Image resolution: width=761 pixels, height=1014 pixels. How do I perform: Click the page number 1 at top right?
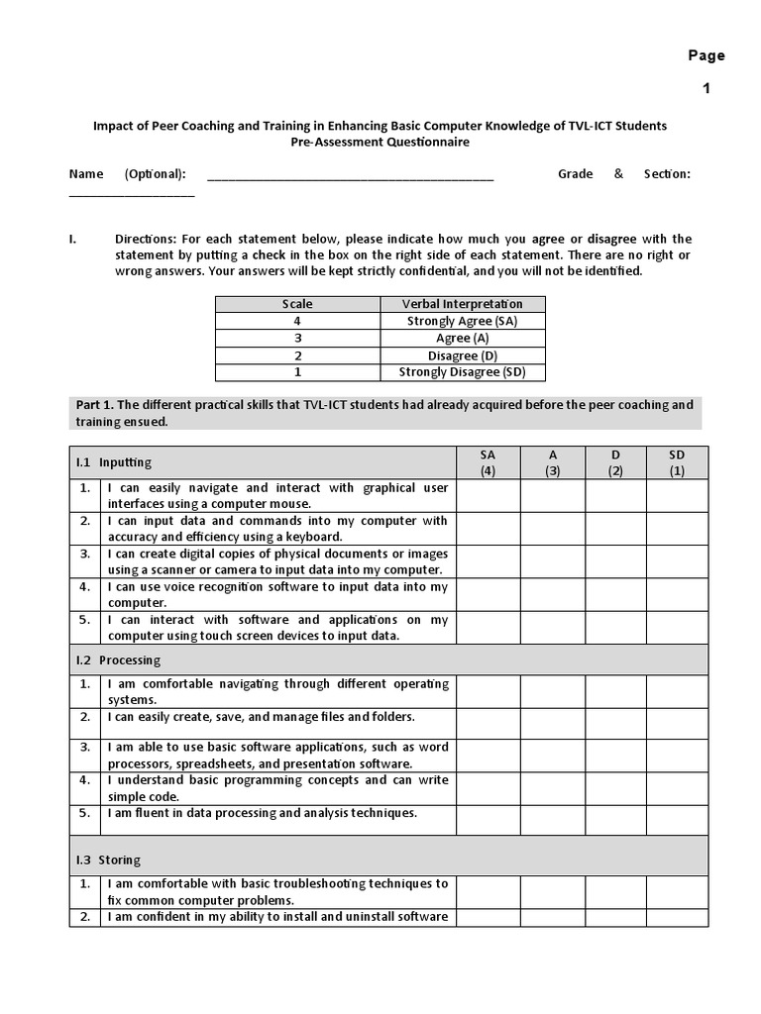coord(707,88)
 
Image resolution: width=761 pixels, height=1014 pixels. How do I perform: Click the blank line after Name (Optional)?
coord(350,179)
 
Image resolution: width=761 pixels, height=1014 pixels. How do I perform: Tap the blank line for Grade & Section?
coord(131,194)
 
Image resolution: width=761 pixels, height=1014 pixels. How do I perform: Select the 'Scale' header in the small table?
coord(297,304)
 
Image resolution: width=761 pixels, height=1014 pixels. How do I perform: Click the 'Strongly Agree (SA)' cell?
coord(462,321)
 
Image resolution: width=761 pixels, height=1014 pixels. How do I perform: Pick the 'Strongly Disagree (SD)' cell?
coord(462,372)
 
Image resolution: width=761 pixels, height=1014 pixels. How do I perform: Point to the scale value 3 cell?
coord(297,338)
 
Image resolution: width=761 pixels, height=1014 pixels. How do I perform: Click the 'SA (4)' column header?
coord(488,462)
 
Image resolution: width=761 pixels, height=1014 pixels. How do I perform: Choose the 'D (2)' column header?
coord(615,462)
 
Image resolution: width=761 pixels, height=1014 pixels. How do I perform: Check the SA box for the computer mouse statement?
coord(488,495)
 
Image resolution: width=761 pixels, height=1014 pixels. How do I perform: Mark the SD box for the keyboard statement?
coord(678,528)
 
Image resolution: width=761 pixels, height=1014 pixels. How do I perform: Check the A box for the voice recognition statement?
coord(552,594)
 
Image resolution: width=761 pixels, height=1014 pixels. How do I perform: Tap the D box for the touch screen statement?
coord(615,627)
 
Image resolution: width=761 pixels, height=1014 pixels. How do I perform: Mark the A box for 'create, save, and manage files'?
coord(552,723)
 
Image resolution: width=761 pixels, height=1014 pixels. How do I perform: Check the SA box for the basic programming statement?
coord(488,788)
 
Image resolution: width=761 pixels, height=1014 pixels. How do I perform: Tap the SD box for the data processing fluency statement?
coord(678,820)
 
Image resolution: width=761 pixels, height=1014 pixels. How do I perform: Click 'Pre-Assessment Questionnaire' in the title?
coord(380,142)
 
